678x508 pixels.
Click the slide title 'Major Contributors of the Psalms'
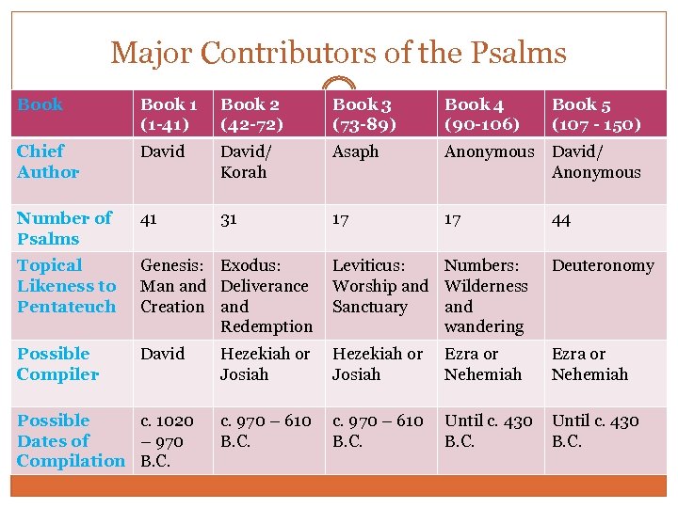(338, 52)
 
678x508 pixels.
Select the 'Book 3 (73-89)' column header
(363, 114)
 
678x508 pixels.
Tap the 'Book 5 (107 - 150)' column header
(596, 114)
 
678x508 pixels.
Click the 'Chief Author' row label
(48, 161)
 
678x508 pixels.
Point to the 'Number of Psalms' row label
(64, 228)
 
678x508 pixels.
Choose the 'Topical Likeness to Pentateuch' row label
(66, 286)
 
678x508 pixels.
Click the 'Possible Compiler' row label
(57, 364)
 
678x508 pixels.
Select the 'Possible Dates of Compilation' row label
(71, 440)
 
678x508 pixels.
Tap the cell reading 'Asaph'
(355, 151)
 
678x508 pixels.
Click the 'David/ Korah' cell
(243, 162)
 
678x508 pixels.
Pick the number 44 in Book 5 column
(562, 220)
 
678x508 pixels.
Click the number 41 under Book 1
(150, 219)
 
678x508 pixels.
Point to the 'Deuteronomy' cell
(602, 266)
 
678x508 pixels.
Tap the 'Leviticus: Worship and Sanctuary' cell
(379, 286)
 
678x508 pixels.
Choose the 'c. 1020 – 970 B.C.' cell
(167, 440)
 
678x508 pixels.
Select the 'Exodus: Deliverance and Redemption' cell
(266, 295)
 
